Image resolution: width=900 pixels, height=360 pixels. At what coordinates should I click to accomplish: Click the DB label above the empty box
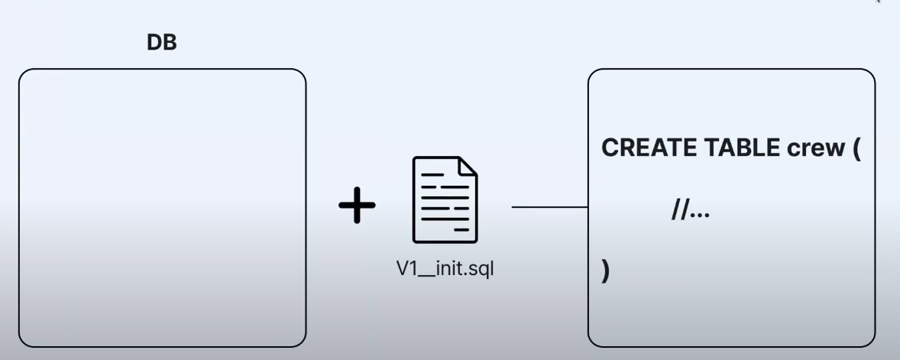161,44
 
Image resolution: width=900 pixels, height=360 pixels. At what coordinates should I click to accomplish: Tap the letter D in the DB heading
154,44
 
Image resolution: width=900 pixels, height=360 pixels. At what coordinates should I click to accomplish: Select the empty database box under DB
162,208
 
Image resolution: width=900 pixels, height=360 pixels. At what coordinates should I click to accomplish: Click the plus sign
357,206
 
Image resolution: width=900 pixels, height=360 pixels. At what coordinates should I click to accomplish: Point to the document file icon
445,199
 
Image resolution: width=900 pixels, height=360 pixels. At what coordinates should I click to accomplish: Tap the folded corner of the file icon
467,167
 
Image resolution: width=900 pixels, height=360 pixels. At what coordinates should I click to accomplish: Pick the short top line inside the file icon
432,175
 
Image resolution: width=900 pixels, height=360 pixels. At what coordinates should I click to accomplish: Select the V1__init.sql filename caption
445,269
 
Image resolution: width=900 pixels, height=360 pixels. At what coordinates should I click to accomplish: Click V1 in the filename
406,269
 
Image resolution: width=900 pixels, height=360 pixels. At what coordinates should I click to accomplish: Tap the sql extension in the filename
481,270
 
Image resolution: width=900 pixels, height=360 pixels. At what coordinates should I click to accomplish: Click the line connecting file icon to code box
549,207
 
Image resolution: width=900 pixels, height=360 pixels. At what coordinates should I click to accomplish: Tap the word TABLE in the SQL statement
733,148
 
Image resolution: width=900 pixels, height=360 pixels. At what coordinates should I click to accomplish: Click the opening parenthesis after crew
856,149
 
